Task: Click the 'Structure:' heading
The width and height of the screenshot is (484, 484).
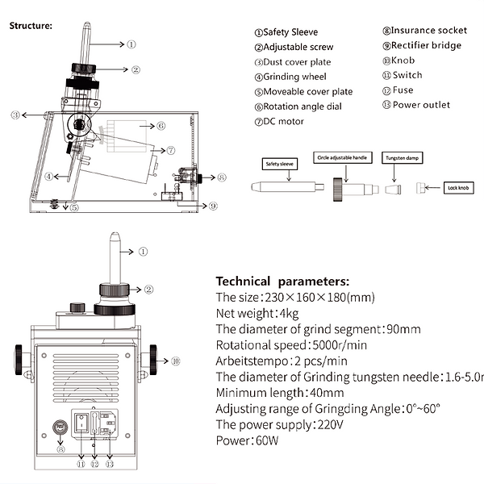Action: click(31, 25)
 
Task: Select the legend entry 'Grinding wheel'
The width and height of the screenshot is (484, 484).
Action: click(291, 77)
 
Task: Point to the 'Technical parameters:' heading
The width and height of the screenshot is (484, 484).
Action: click(282, 282)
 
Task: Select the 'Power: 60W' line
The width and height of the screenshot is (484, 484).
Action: click(245, 440)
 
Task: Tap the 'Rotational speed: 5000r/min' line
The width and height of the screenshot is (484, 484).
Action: click(282, 344)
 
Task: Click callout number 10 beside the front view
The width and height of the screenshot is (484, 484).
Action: click(176, 361)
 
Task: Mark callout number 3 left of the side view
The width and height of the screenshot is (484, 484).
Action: click(15, 116)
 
